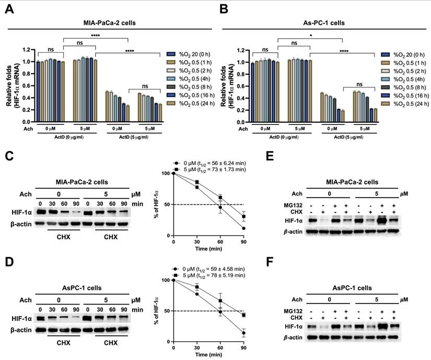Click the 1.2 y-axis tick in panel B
(240, 50)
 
